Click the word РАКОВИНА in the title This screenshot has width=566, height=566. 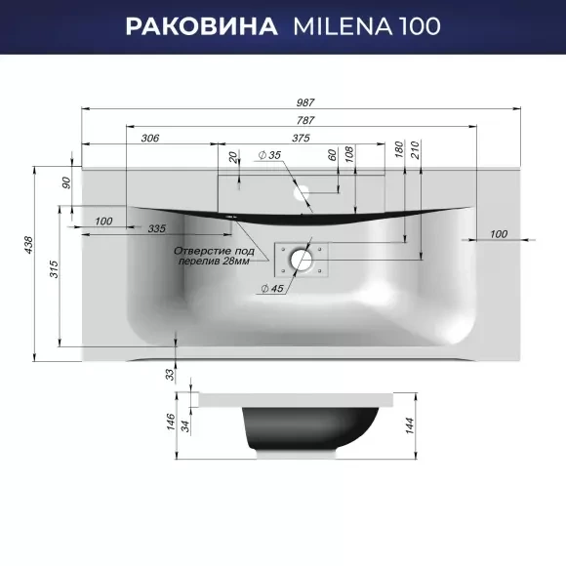coord(201,26)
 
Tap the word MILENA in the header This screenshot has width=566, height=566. coord(343,26)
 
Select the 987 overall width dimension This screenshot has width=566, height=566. coord(305,102)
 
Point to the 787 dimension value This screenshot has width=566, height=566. coord(305,120)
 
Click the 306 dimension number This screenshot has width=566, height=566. coord(150,138)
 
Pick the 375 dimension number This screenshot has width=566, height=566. coord(301,138)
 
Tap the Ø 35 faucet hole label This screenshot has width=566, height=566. coord(269,155)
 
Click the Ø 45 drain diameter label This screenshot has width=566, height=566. coord(272,289)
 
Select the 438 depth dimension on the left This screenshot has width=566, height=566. coord(28,245)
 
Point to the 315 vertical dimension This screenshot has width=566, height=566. coord(54,269)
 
